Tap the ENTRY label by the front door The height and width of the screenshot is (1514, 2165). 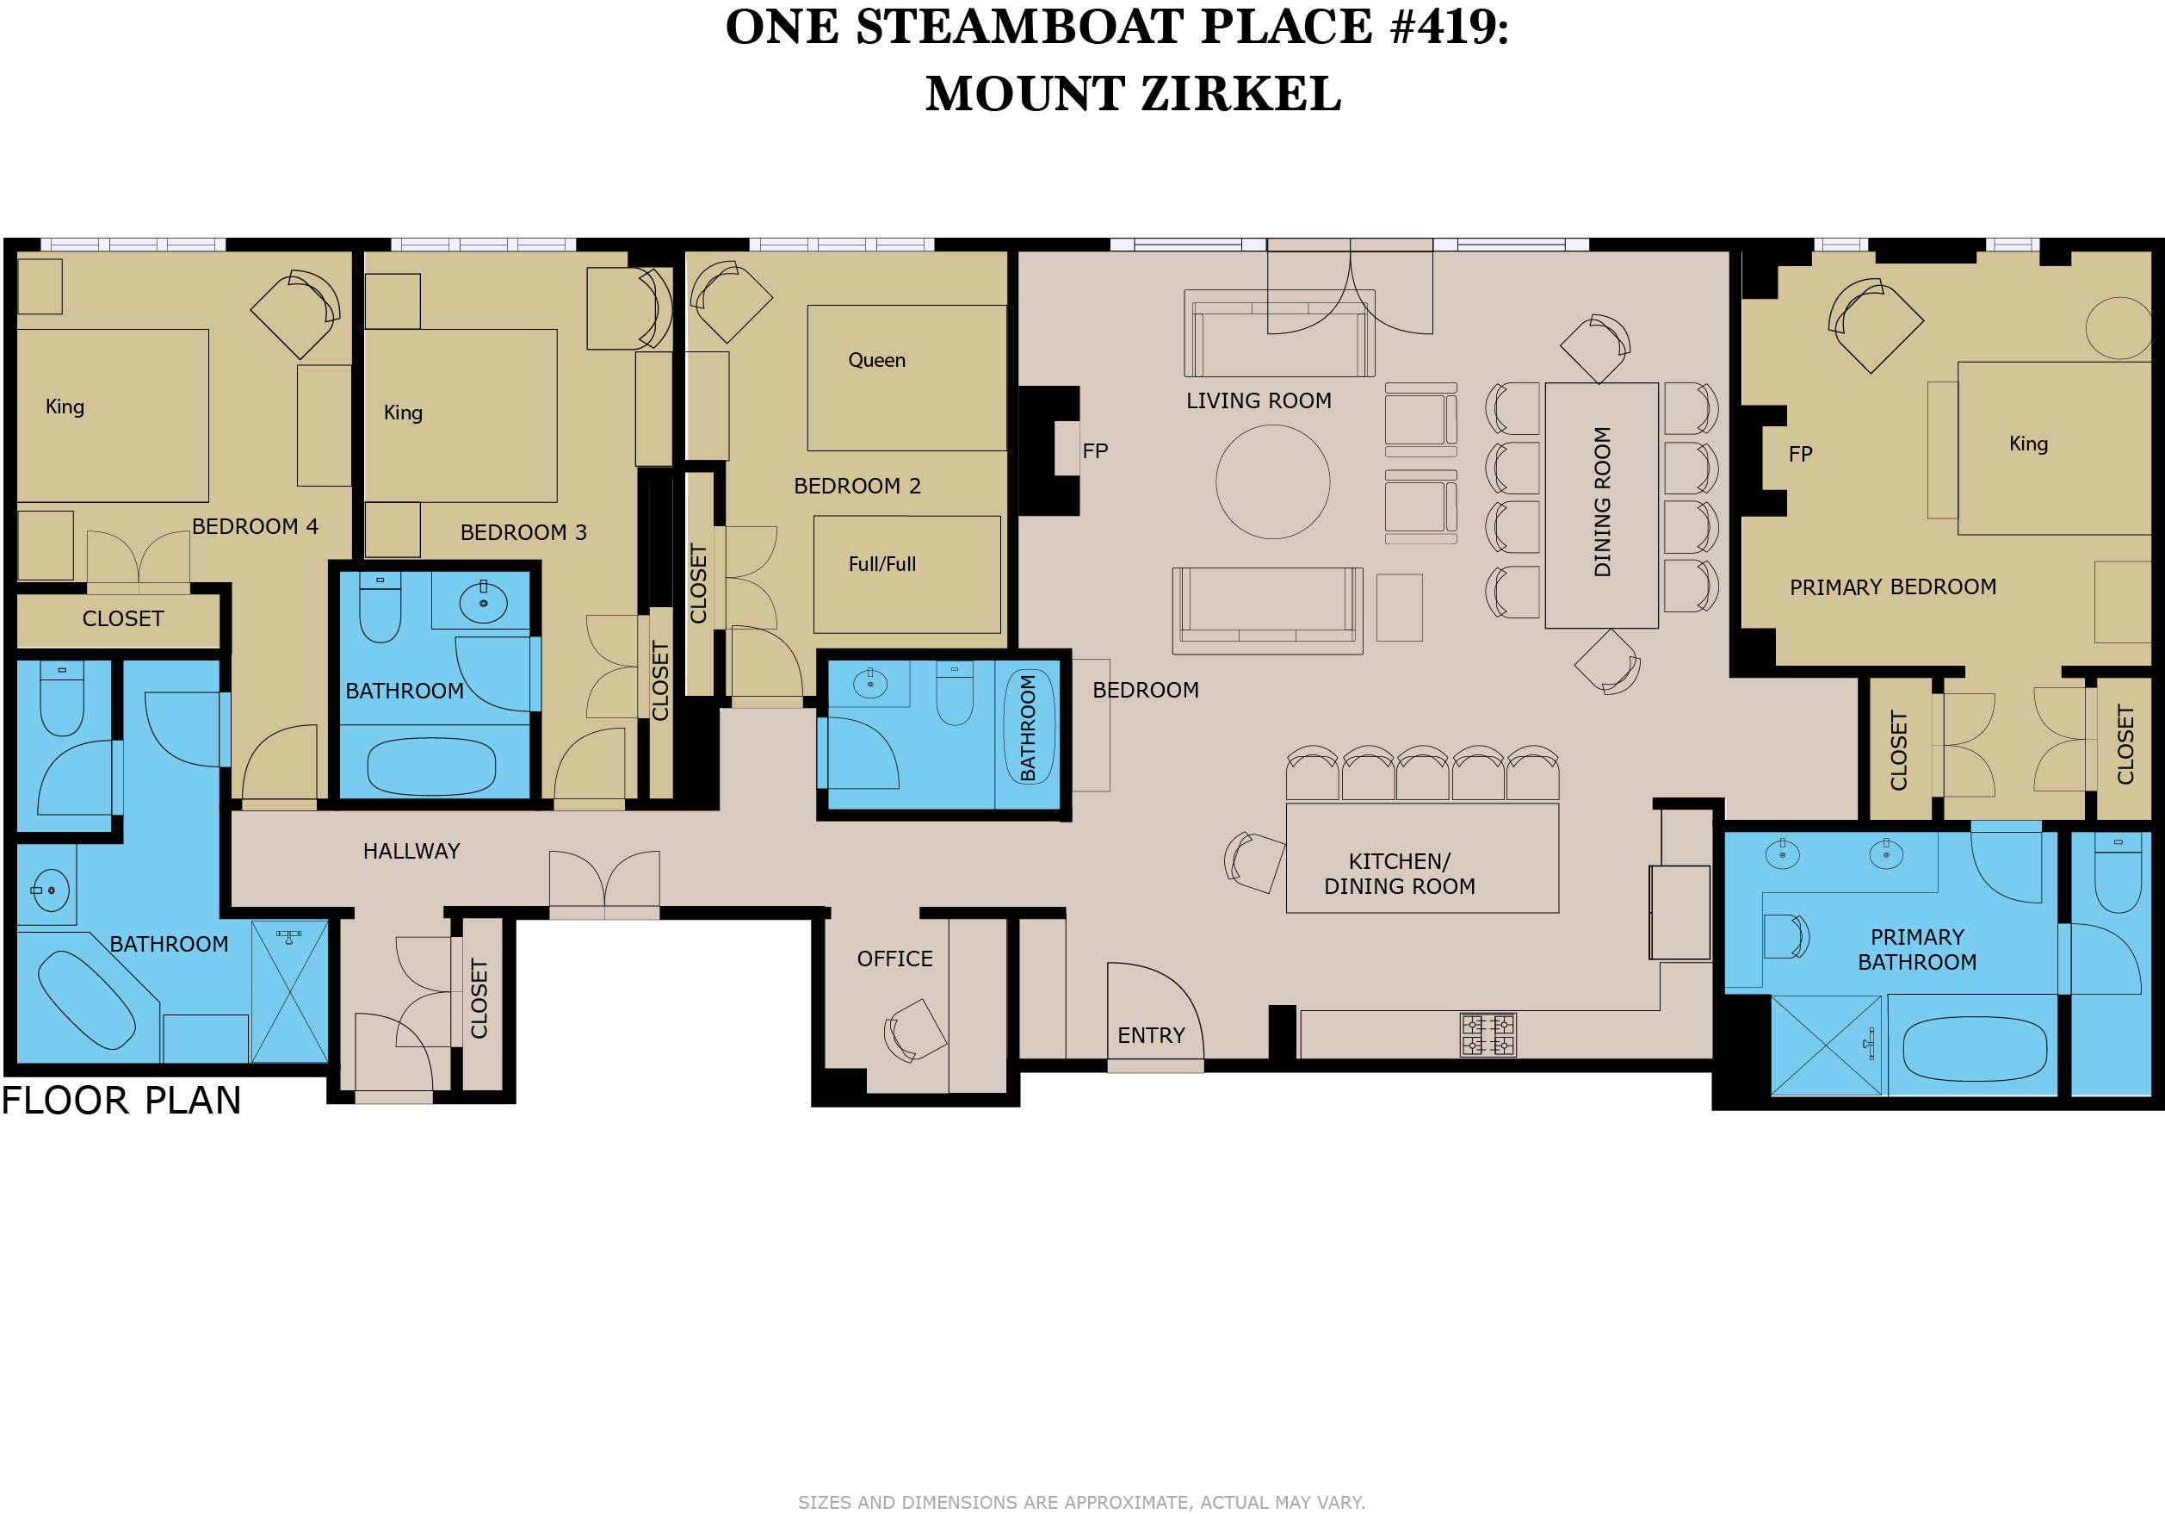tap(1150, 1036)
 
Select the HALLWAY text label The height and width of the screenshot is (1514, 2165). tap(411, 851)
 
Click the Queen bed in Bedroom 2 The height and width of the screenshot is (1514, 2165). tap(907, 377)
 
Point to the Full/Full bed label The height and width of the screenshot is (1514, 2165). tap(881, 564)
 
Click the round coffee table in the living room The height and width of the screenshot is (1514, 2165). tap(1272, 481)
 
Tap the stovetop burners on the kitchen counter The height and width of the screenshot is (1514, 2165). tap(1488, 1035)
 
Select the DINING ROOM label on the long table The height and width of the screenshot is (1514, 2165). tap(1602, 502)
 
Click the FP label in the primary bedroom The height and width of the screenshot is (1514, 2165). tap(1800, 454)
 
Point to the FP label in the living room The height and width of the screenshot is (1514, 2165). tap(1095, 451)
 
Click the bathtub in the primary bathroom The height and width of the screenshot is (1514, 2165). tap(1975, 1048)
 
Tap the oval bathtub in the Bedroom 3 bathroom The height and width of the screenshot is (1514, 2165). tap(431, 766)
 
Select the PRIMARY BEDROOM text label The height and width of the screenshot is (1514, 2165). tap(1892, 586)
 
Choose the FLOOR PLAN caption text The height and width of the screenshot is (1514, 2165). tap(121, 1100)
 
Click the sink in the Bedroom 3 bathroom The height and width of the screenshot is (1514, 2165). tap(484, 603)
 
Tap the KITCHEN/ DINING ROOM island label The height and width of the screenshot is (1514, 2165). tap(1400, 873)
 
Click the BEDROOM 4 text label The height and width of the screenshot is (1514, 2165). tap(255, 526)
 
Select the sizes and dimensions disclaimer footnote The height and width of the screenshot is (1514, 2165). tap(1081, 1502)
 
